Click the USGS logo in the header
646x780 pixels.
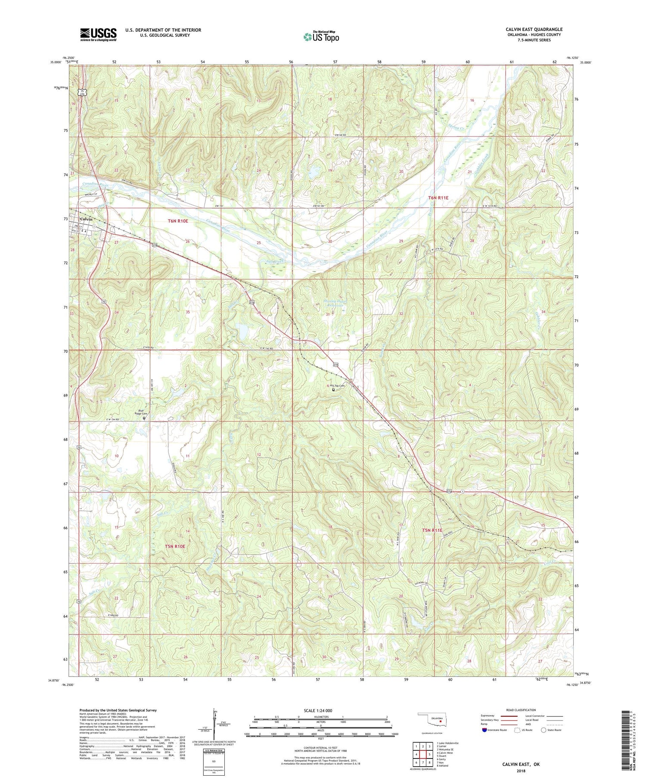pos(98,34)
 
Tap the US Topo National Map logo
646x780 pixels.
pos(321,37)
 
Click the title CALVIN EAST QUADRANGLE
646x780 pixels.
pos(534,29)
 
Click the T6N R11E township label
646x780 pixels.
pos(438,198)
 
